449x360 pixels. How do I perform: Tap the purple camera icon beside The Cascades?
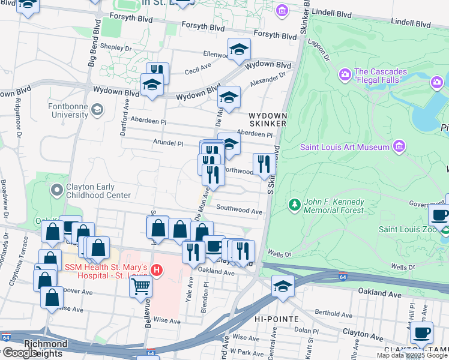345,74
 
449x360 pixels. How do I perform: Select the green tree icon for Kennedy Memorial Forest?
294,205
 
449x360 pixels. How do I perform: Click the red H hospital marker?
157,271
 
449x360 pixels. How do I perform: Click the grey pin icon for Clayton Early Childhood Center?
57,190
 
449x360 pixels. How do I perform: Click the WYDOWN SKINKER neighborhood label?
268,119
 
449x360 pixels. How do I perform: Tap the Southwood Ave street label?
240,211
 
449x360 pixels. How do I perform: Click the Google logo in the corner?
20,353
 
